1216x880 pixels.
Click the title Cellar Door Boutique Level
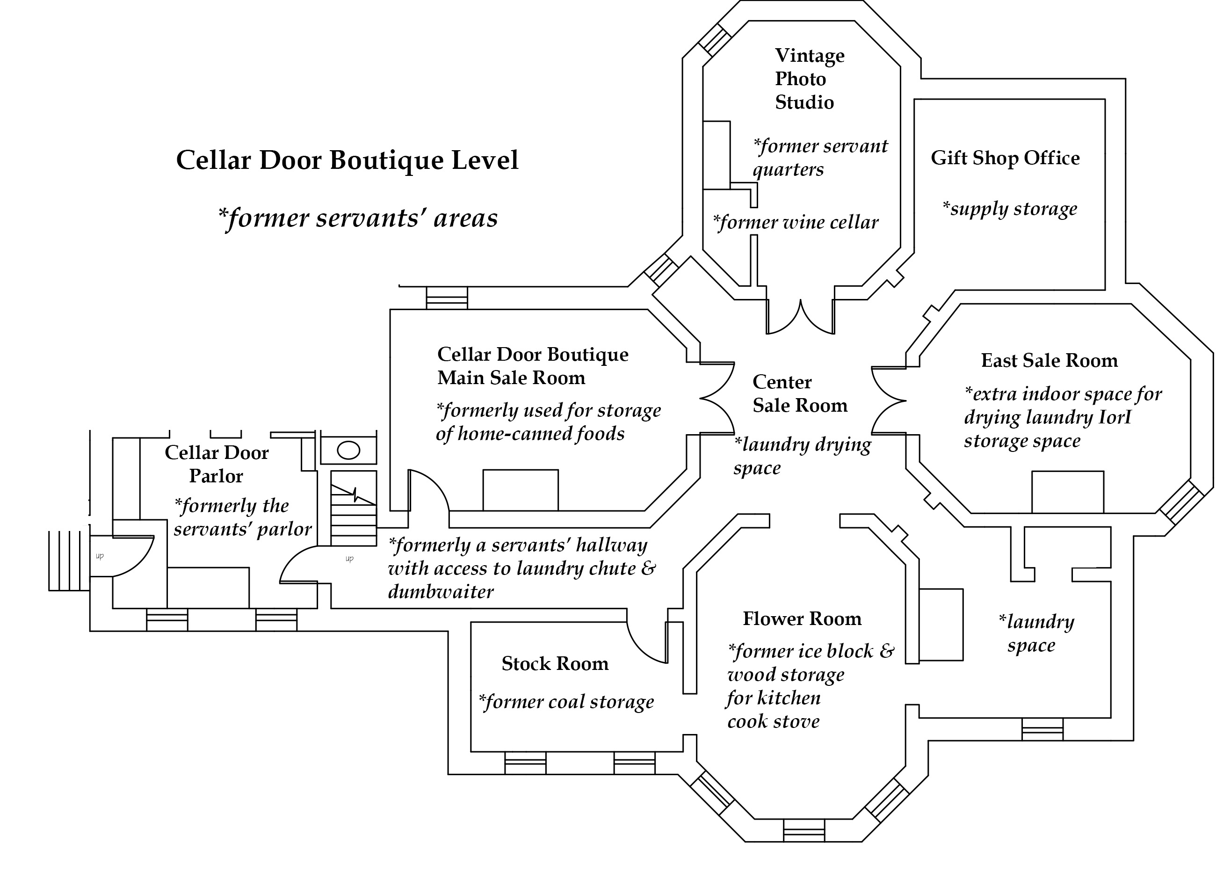tap(347, 160)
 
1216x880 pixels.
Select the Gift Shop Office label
tap(1005, 158)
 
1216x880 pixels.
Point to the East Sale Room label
tap(1049, 360)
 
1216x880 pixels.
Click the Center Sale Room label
tap(799, 393)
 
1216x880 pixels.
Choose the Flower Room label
tap(802, 619)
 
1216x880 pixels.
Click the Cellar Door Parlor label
tap(216, 465)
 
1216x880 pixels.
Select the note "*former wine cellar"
tap(795, 223)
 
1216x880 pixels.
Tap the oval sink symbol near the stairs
tap(348, 451)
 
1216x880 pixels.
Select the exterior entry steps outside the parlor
tap(68, 561)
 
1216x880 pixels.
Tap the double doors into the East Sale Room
tap(889, 400)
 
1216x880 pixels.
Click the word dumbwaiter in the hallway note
tap(440, 592)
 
